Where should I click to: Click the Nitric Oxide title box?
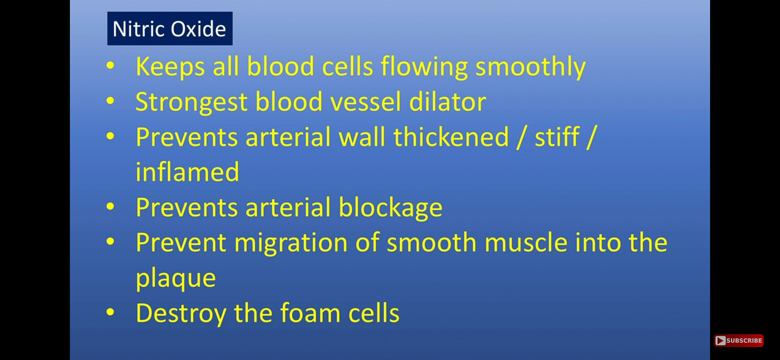170,29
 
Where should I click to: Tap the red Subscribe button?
738,340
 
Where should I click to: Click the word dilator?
448,102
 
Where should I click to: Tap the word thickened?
451,137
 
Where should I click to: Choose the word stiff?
557,137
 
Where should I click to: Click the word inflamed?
187,172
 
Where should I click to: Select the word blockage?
390,208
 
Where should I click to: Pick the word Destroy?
181,313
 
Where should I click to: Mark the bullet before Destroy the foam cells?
110,313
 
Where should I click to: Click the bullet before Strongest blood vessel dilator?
110,101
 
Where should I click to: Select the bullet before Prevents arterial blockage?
110,207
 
